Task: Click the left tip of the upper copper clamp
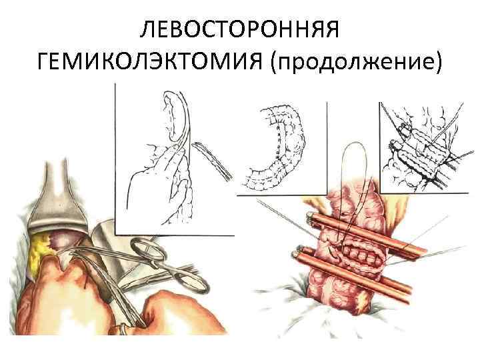pos(311,217)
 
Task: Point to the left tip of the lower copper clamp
pos(295,254)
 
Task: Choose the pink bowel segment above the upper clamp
pos(353,203)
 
